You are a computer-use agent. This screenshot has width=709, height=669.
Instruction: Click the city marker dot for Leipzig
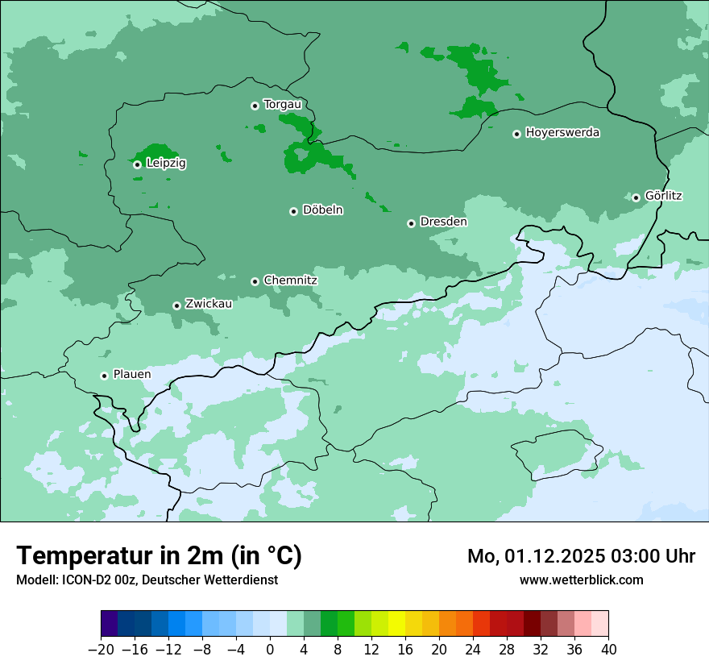click(137, 164)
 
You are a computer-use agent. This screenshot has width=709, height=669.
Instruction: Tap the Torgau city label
click(282, 105)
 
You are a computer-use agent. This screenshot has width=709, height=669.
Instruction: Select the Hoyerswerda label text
click(562, 133)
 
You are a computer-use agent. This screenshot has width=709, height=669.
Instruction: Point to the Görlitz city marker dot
click(636, 197)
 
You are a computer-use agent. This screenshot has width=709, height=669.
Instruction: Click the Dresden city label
click(443, 222)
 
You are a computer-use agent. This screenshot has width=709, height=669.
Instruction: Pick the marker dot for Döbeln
click(293, 211)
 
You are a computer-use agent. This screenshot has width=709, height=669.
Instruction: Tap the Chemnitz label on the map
click(290, 280)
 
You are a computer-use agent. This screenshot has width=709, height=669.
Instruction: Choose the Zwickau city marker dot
click(176, 305)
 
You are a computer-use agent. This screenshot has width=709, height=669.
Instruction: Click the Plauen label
click(132, 375)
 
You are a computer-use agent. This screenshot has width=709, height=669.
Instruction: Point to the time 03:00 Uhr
click(660, 556)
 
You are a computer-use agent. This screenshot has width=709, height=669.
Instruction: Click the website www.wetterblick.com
click(582, 580)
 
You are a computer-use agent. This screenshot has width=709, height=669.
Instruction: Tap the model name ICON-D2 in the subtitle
click(88, 580)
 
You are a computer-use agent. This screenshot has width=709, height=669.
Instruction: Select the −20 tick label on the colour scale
click(101, 649)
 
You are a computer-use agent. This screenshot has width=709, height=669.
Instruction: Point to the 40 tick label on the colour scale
click(608, 649)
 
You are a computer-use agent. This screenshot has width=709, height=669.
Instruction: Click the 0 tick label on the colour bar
click(270, 649)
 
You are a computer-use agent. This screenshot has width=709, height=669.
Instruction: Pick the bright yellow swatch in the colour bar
click(396, 624)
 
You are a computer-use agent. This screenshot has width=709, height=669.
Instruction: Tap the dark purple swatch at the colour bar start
click(110, 624)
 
